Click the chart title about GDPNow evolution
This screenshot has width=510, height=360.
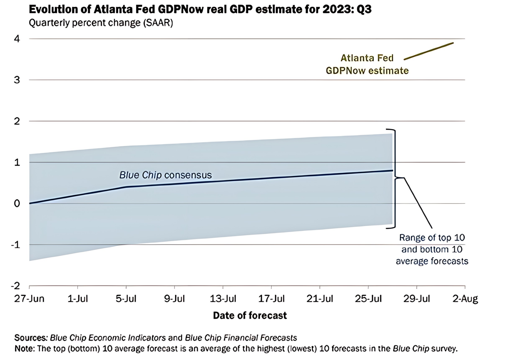tap(200, 10)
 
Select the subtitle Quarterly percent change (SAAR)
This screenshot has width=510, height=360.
tap(101, 23)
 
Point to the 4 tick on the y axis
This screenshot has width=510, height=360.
tap(17, 39)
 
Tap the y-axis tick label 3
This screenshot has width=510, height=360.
tap(17, 80)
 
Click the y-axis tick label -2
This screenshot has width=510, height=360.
tap(15, 286)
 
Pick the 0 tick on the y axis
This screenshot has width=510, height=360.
tap(17, 203)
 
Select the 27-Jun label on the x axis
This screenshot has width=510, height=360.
tap(29, 299)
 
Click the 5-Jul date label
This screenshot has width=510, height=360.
tap(126, 299)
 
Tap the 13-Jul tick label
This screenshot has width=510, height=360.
tap(223, 299)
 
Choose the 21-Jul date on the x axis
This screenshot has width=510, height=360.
tap(320, 299)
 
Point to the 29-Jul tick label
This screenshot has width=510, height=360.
tap(417, 299)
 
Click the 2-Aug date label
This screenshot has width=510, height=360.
tap(465, 299)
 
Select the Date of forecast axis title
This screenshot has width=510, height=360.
tap(250, 316)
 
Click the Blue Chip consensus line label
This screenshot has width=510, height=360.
tap(165, 175)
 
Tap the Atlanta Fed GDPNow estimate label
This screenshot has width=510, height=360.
tap(367, 64)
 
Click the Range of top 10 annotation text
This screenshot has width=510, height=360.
tap(432, 249)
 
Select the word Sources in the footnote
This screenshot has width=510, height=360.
tap(31, 338)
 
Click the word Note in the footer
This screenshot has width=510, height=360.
tap(24, 349)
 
